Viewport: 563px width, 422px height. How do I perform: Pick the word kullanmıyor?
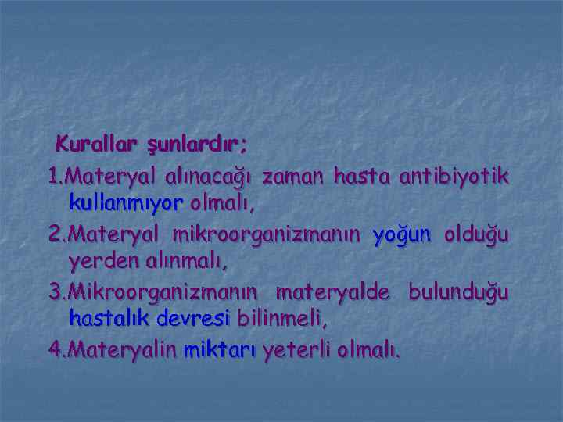pos(125,205)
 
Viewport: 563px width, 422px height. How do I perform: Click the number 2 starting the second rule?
pos(54,234)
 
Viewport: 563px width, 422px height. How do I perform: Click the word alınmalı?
pos(187,263)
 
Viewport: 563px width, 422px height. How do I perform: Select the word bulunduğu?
pos(457,291)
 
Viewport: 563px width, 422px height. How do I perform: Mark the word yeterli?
pos(296,349)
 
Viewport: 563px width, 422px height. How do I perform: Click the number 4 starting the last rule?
pos(54,349)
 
